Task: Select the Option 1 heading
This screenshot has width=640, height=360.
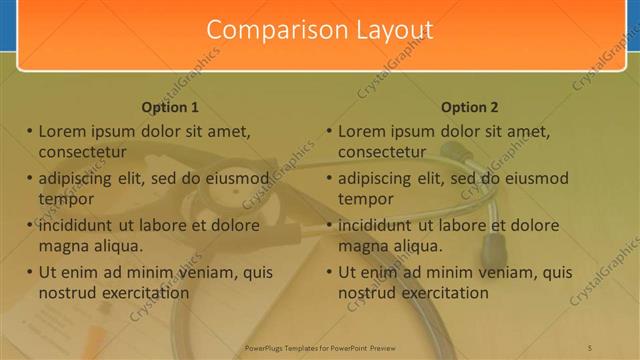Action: click(x=170, y=107)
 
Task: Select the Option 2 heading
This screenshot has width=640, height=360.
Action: click(x=469, y=107)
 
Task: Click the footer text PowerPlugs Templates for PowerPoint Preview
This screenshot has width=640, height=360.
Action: click(x=320, y=348)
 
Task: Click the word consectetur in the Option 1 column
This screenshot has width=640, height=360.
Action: click(x=82, y=152)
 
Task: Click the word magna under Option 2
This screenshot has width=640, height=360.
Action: click(x=362, y=245)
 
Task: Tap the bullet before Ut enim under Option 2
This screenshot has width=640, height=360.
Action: click(x=329, y=272)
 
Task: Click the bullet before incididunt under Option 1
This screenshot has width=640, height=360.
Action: click(x=29, y=225)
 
